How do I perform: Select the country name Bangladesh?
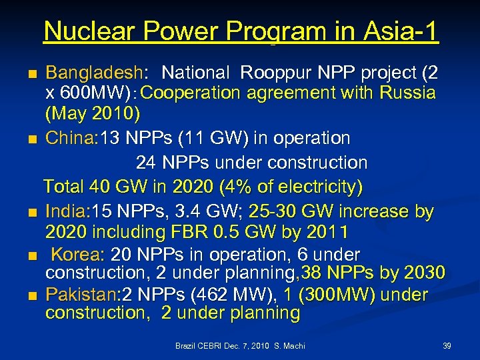(93, 72)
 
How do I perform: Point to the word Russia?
(407, 93)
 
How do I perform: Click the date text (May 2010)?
(93, 115)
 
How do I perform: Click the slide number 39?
(447, 346)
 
